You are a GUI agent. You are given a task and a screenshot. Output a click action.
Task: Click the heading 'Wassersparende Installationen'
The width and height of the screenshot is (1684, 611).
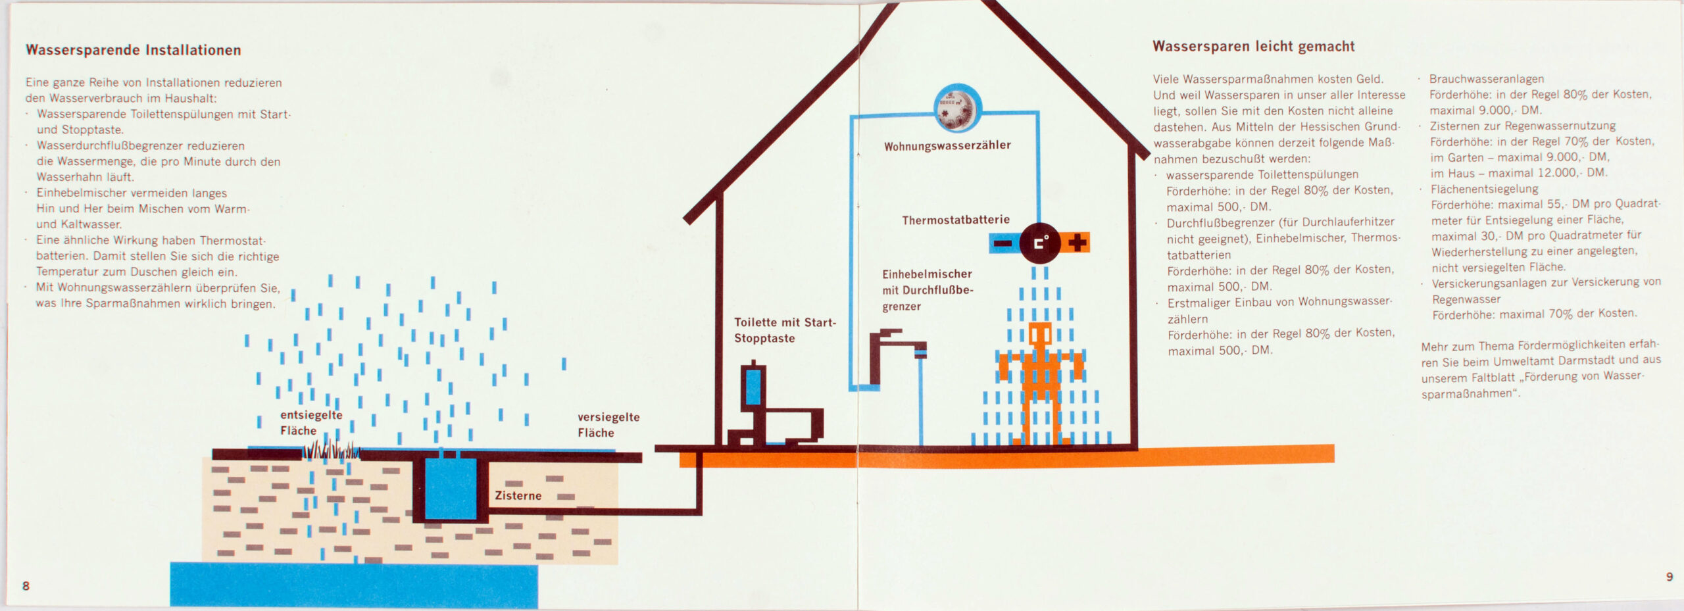click(133, 50)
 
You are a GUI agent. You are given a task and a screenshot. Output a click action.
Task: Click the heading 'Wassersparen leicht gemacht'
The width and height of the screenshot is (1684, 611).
click(1253, 47)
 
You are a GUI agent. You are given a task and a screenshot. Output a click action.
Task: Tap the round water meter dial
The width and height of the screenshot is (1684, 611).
click(958, 107)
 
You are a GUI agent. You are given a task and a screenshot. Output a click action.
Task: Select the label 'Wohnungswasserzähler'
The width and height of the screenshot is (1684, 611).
click(947, 146)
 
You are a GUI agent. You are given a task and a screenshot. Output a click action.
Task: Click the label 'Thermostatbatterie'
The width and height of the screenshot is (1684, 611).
click(955, 220)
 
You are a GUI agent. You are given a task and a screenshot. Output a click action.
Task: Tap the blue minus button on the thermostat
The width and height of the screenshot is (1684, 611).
click(1003, 243)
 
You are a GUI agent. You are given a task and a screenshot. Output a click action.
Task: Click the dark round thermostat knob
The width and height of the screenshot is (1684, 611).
click(1039, 243)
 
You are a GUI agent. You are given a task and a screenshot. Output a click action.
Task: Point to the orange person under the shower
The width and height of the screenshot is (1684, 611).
click(1040, 381)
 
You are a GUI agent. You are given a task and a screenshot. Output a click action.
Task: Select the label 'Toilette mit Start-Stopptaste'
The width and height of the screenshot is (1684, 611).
click(784, 330)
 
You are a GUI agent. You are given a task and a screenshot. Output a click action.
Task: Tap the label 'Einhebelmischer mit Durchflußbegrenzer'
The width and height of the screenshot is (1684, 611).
click(927, 290)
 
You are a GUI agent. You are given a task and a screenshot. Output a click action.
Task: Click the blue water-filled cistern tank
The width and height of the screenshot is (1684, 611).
click(450, 488)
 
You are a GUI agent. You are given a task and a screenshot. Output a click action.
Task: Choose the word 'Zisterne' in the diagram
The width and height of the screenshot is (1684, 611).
click(518, 495)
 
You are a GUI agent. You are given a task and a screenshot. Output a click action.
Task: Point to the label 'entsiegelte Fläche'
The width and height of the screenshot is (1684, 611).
click(310, 423)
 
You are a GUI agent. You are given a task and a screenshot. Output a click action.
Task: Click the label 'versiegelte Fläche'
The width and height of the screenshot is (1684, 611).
click(608, 425)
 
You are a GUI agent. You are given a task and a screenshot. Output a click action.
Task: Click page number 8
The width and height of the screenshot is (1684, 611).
click(26, 586)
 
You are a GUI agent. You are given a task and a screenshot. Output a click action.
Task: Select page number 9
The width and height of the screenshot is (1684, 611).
click(1669, 577)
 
